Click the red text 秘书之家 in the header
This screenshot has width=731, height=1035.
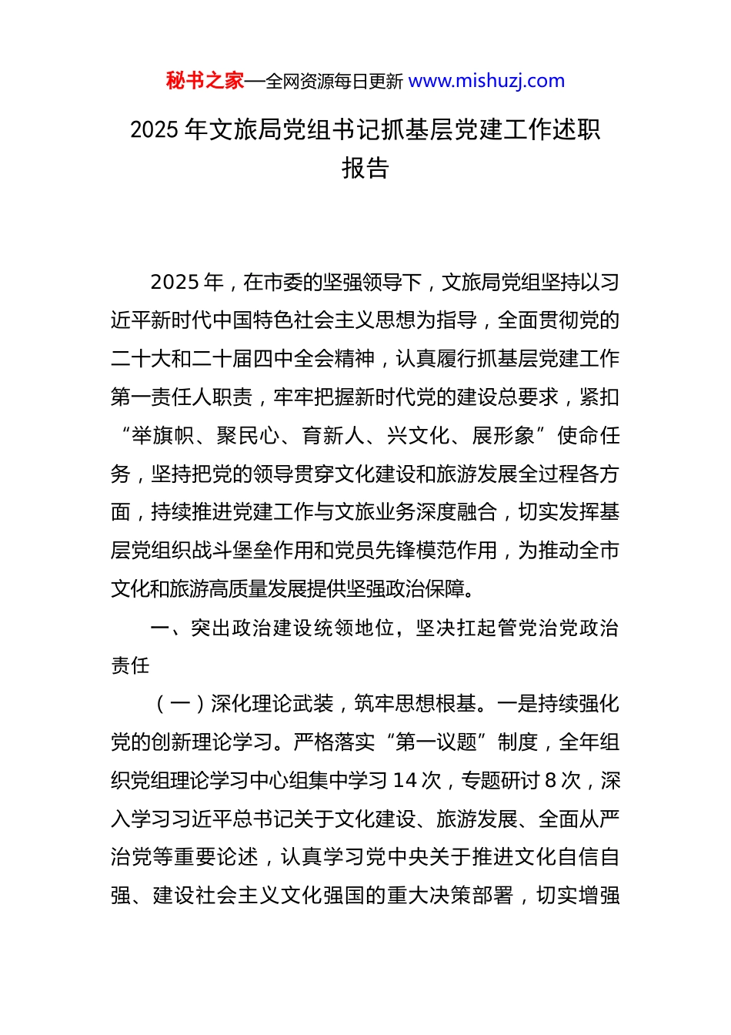pyautogui.click(x=205, y=81)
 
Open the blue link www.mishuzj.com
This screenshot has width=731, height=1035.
pyautogui.click(x=486, y=81)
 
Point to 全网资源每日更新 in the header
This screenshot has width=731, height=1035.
pyautogui.click(x=334, y=82)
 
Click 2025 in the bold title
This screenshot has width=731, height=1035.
pyautogui.click(x=154, y=130)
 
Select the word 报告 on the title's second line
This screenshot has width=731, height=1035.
pyautogui.click(x=365, y=168)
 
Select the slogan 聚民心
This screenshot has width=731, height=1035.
pyautogui.click(x=248, y=436)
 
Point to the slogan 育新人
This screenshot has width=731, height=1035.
pyautogui.click(x=332, y=436)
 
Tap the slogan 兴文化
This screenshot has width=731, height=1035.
pyautogui.click(x=418, y=436)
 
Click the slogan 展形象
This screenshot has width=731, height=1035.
pyautogui.click(x=502, y=436)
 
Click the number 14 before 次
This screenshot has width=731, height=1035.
pyautogui.click(x=405, y=781)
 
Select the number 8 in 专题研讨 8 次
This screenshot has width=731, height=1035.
pyautogui.click(x=549, y=781)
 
